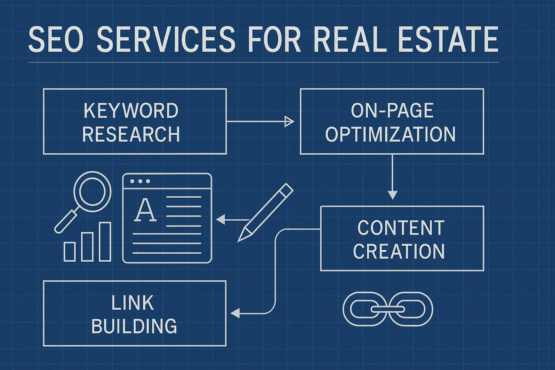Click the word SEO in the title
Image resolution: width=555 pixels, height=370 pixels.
coord(56,39)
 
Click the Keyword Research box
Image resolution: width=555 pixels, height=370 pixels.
coord(135,121)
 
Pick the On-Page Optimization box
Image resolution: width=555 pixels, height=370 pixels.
coord(392,121)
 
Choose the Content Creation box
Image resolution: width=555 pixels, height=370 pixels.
coord(402,238)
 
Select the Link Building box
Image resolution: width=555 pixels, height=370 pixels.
coord(134,313)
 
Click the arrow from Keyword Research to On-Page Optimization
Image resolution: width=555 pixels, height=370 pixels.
coord(260,121)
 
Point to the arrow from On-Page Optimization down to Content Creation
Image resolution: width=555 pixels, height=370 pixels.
coord(392,177)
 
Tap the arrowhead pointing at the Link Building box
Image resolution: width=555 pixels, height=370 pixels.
coord(235,313)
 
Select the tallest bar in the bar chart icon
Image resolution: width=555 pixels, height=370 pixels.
coord(105,241)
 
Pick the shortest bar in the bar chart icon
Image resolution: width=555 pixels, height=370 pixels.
coord(69,251)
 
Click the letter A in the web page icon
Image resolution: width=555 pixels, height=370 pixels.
coord(145,210)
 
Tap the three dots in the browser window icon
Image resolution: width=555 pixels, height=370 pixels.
coord(140,181)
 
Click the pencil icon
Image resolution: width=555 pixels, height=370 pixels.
coord(266,212)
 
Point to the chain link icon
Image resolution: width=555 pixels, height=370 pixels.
coord(387,309)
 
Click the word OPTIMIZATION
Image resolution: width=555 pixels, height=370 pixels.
coord(390,134)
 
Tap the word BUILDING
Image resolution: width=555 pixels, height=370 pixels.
coord(134,326)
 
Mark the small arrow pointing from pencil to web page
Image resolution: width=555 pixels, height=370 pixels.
coord(231,219)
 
